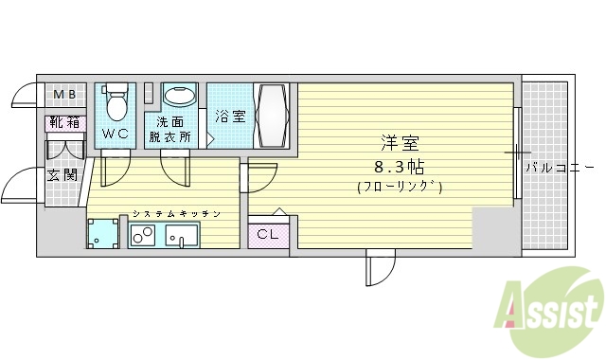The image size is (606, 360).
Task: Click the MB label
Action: [x=64, y=95]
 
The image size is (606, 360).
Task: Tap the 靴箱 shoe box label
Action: [x=64, y=122]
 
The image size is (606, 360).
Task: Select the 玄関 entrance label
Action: [x=62, y=174]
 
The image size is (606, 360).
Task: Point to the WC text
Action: [x=116, y=134]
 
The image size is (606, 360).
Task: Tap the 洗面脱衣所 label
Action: [x=169, y=129]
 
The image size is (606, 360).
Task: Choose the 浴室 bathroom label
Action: [x=229, y=117]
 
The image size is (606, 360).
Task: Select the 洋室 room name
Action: [x=400, y=144]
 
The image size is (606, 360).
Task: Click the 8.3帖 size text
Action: [x=400, y=165]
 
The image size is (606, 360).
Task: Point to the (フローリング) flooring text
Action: [x=400, y=187]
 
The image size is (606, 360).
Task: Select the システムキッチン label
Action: [x=176, y=214]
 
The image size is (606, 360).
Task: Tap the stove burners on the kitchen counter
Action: [x=143, y=235]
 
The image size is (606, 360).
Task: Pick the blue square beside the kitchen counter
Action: [x=101, y=233]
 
